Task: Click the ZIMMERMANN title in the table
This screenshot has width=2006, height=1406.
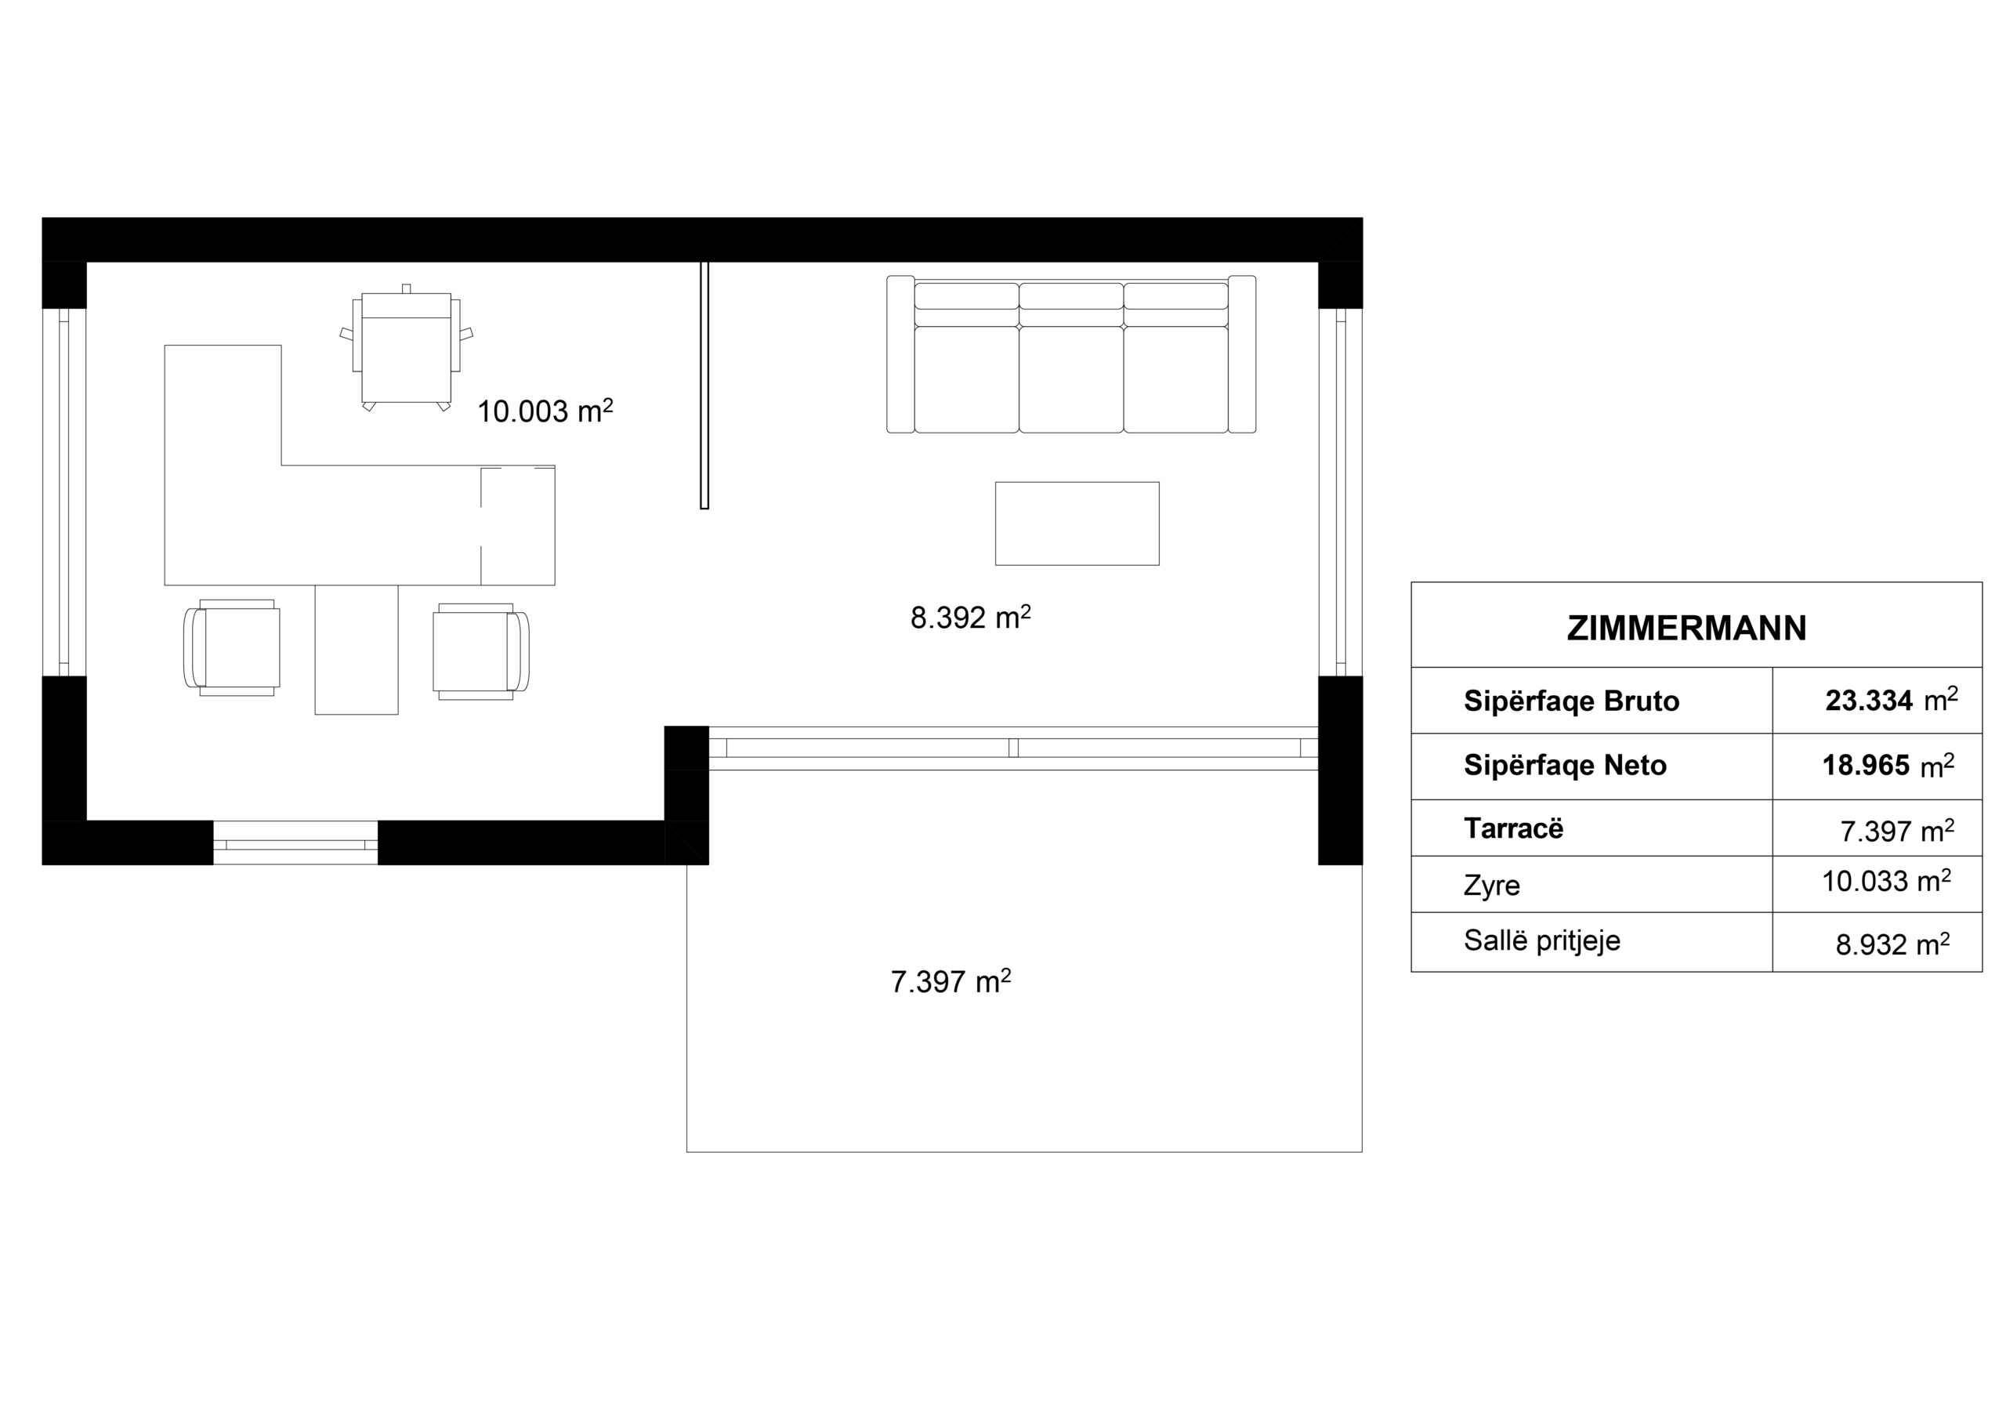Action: pos(1686,629)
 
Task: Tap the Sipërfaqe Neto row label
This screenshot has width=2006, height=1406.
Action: pos(1565,766)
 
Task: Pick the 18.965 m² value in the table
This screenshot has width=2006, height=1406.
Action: pos(1888,766)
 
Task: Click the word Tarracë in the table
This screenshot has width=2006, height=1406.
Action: pos(1513,828)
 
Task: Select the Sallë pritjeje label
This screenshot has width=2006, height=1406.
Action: pos(1542,941)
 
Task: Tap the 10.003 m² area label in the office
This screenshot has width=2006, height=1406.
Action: pos(545,411)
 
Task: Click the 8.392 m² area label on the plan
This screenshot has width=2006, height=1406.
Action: pos(970,618)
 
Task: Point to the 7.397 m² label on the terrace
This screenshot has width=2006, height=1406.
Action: pos(950,981)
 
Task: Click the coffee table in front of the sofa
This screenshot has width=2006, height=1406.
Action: pos(1077,524)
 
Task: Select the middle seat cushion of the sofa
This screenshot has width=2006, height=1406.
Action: pos(1071,379)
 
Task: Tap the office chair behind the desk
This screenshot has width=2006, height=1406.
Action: pos(406,348)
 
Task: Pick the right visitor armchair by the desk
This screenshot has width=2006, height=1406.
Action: pos(481,651)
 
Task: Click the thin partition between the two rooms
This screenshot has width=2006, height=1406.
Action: pos(704,385)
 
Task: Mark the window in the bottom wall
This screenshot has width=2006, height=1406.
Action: pos(295,843)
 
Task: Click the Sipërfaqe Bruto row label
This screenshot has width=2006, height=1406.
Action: pos(1571,701)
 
